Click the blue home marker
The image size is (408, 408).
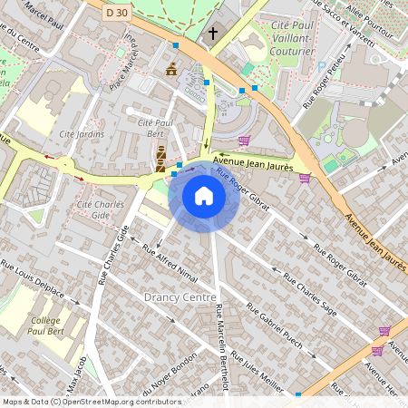point(204,196)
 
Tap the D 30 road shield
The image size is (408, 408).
point(115,13)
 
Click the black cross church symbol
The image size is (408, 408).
point(213,34)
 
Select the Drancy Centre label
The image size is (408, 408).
point(180,297)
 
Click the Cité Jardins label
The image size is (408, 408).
point(82,134)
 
